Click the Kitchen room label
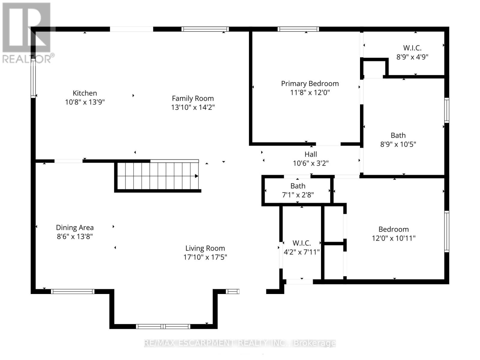pos(85,93)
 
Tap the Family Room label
pos(193,98)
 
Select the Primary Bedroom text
pos(310,83)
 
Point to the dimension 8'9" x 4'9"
pos(412,57)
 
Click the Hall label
pos(310,154)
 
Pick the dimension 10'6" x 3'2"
pos(310,163)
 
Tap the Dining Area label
pos(75,227)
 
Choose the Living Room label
pos(205,248)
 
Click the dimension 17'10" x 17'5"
pos(205,257)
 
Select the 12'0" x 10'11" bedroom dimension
pos(394,238)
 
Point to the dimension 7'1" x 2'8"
pos(298,195)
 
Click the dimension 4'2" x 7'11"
pos(301,252)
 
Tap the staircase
pos(157,176)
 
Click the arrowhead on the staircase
pos(196,176)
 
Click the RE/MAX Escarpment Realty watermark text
pos(240,343)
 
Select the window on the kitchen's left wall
pos(33,78)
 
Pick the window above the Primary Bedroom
pos(298,29)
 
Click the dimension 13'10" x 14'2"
pos(193,107)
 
